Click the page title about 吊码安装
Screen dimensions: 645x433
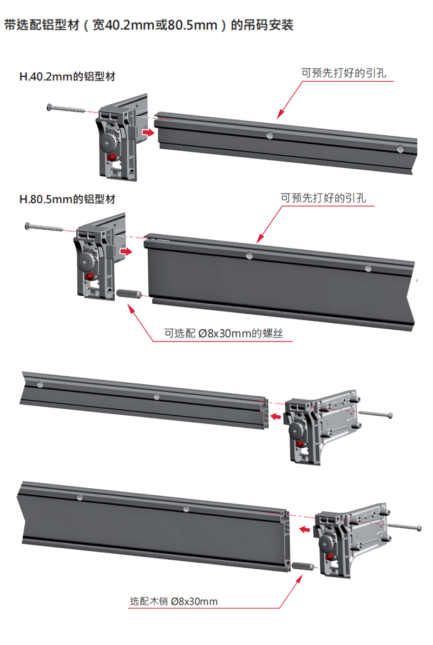[x=148, y=25]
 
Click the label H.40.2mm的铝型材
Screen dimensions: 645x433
[x=67, y=77]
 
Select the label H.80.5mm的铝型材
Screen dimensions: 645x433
[x=67, y=199]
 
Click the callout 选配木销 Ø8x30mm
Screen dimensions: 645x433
[x=174, y=601]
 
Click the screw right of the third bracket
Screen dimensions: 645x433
[x=376, y=414]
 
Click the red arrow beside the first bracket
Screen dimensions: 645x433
[x=146, y=132]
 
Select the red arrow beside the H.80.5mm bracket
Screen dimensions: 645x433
[x=126, y=251]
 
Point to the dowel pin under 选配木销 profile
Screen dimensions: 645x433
[x=302, y=567]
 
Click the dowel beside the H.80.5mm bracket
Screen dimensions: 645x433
[x=128, y=294]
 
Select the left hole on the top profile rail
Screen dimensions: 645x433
[x=269, y=135]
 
